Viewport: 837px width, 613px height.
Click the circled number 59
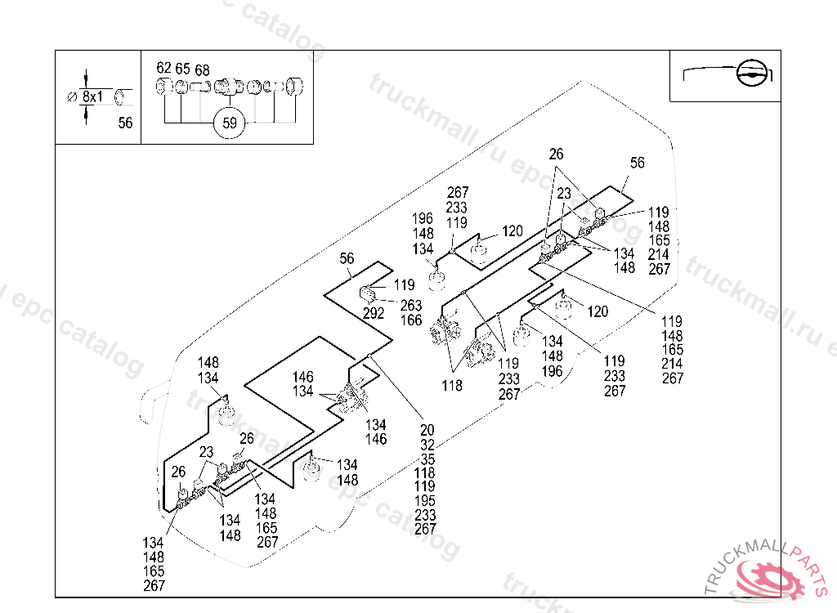click(x=230, y=123)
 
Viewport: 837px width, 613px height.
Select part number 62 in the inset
click(x=163, y=68)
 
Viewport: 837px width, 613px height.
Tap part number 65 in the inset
click(x=182, y=68)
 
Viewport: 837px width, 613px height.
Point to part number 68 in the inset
click(x=202, y=70)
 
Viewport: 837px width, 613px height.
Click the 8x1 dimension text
click(x=93, y=96)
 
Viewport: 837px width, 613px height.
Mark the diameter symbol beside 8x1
click(x=71, y=96)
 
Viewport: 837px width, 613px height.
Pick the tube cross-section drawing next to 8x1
click(x=123, y=96)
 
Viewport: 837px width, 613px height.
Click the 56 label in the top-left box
click(x=125, y=123)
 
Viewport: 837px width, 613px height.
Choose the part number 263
click(x=411, y=306)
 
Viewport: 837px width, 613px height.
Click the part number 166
click(x=411, y=320)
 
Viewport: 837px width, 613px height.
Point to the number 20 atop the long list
click(x=427, y=431)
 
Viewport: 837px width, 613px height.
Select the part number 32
click(x=427, y=445)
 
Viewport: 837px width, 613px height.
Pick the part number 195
click(x=426, y=500)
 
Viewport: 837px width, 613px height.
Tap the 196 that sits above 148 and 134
click(x=423, y=218)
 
